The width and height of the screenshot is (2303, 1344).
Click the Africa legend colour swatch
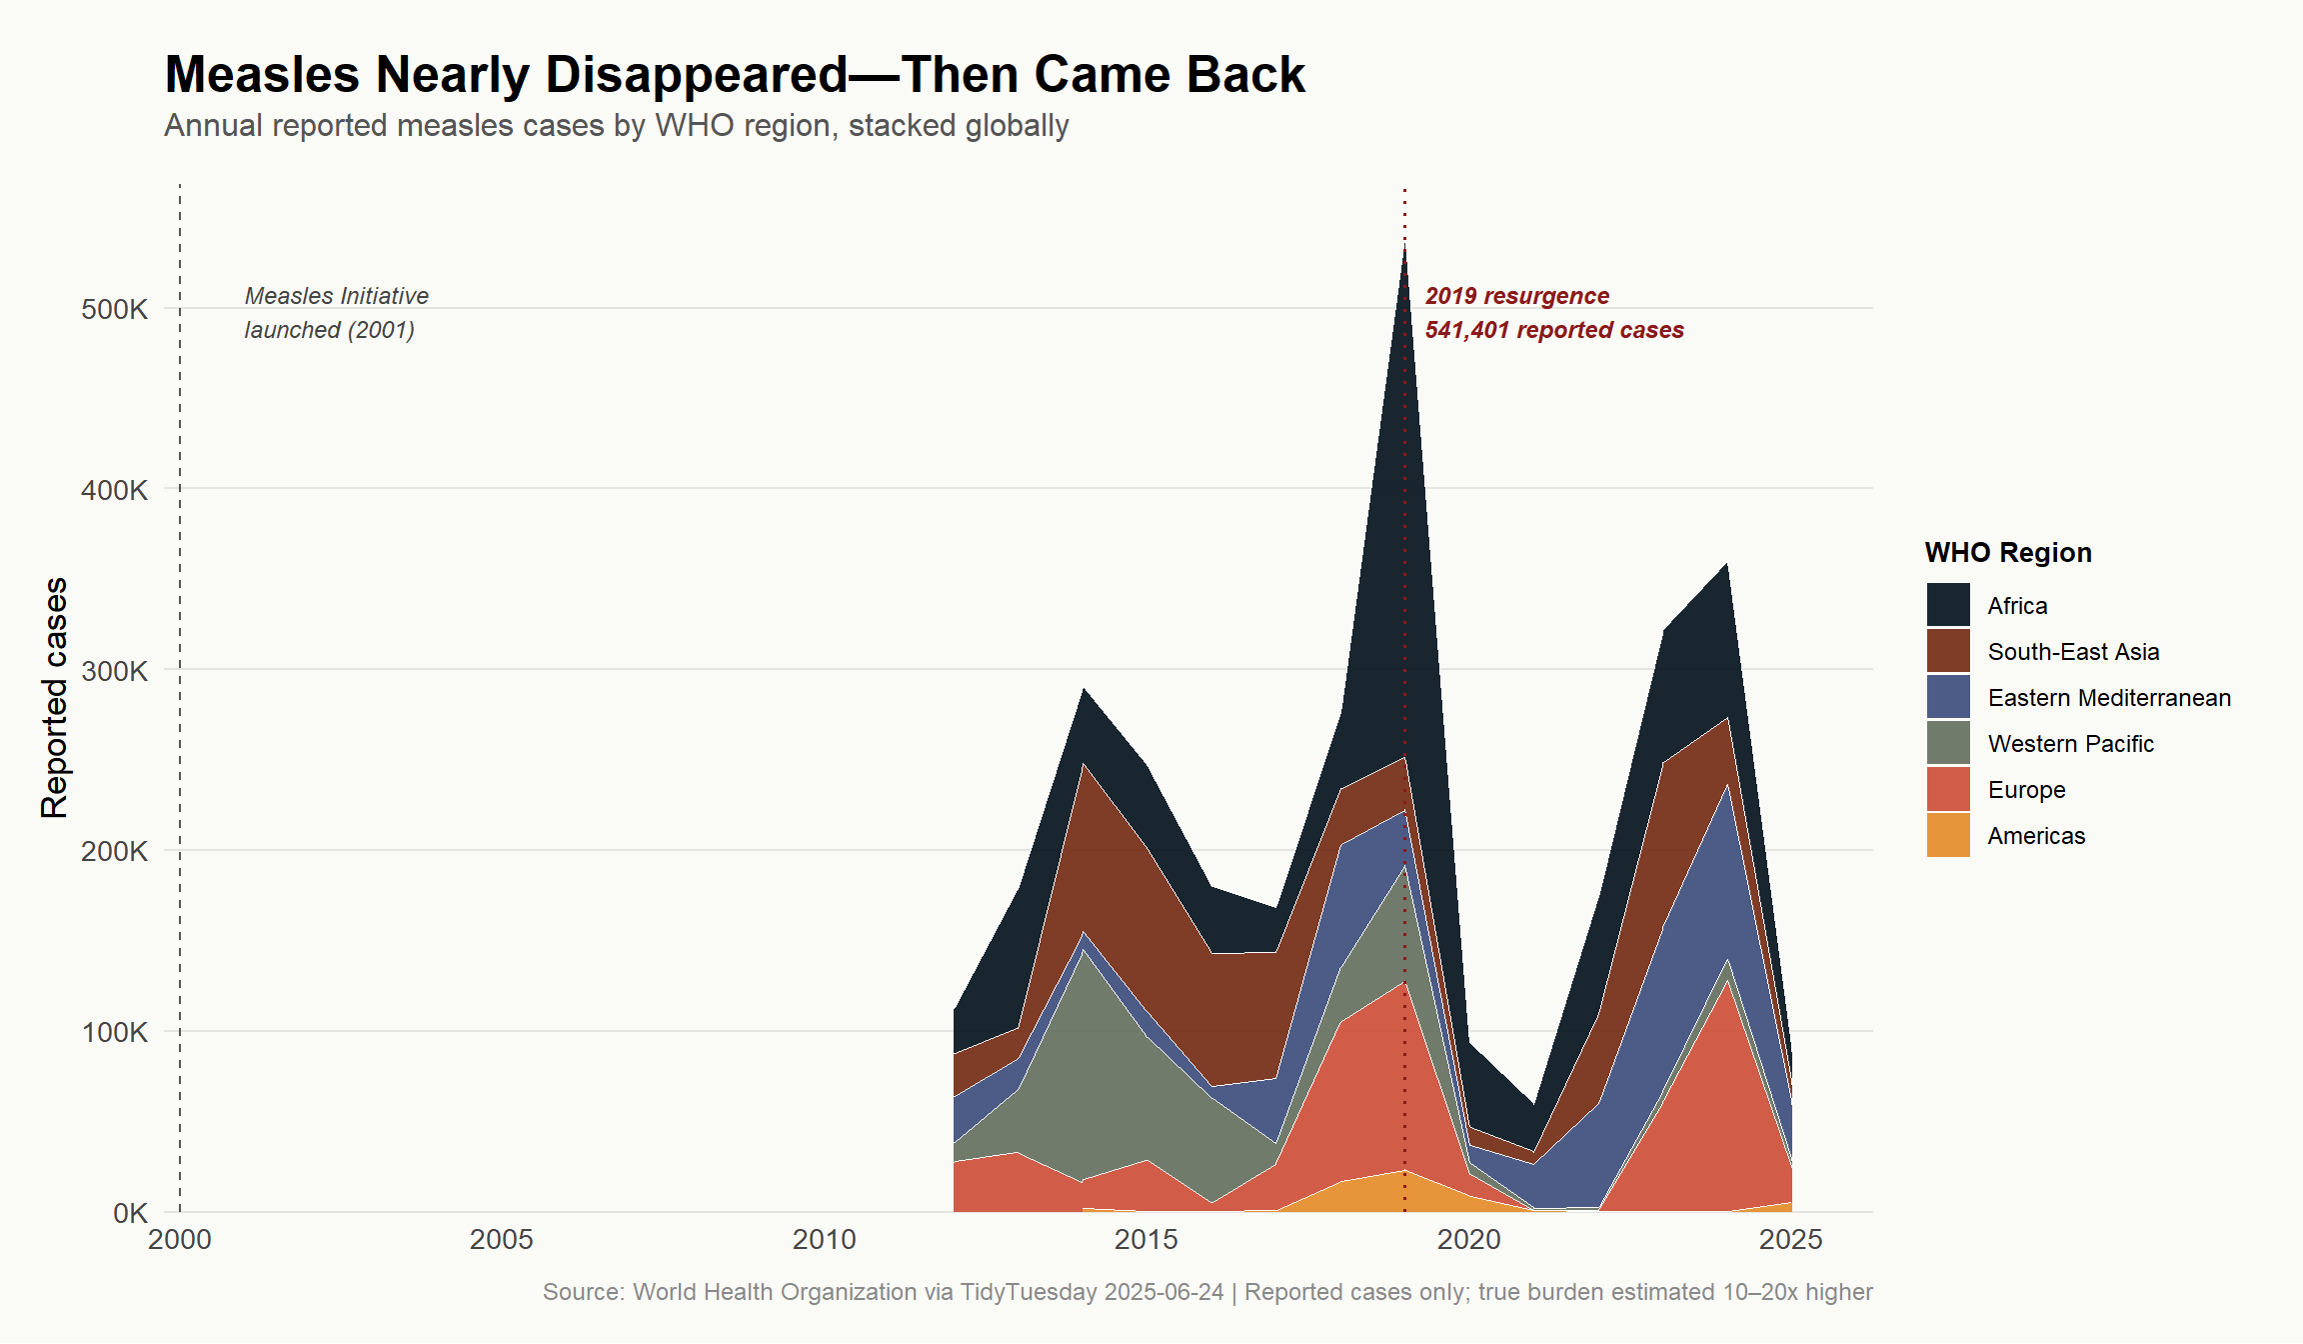point(1948,605)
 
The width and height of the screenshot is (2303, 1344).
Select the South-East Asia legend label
point(2073,652)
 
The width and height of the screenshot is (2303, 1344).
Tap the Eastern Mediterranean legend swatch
point(1948,697)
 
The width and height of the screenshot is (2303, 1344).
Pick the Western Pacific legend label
point(2070,744)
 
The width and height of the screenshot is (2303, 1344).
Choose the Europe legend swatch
point(1948,789)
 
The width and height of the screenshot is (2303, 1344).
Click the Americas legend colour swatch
point(1948,835)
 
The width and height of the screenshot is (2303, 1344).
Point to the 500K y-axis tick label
point(114,309)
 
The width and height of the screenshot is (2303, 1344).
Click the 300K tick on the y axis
point(114,671)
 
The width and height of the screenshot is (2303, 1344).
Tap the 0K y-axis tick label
point(130,1213)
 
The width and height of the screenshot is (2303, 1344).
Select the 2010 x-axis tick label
point(824,1240)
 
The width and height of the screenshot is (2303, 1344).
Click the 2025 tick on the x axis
point(1791,1240)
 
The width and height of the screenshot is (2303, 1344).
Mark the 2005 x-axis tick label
point(502,1240)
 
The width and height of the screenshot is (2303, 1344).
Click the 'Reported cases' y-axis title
point(55,698)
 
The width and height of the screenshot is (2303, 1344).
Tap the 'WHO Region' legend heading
point(2008,553)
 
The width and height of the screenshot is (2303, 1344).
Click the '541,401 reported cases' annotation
point(1554,330)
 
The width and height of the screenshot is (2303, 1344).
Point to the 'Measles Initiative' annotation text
point(337,296)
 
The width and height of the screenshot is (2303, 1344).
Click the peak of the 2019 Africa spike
point(1404,243)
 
